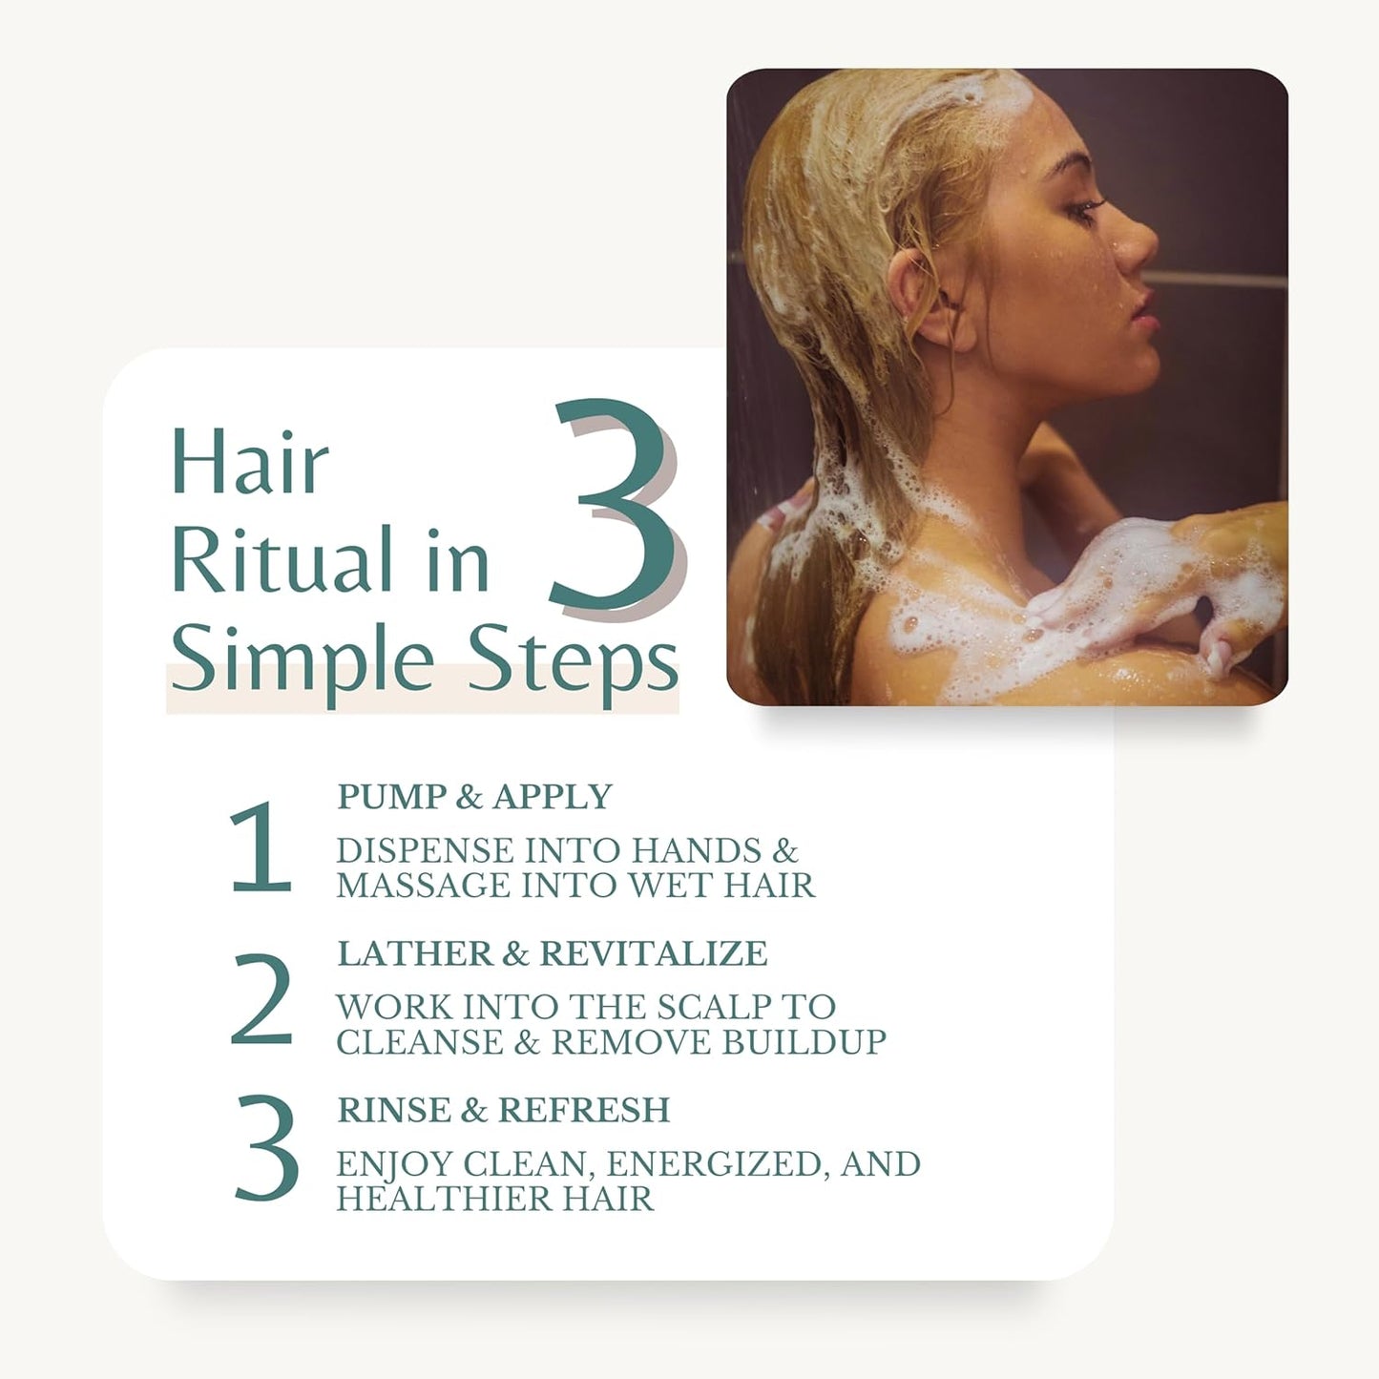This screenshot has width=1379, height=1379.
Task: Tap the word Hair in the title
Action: tap(250, 461)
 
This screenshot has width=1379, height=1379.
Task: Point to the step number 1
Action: tap(261, 847)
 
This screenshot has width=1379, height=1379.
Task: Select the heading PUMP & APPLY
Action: tap(474, 797)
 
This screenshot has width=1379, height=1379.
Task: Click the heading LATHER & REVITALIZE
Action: tap(553, 953)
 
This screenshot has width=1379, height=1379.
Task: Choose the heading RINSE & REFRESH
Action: tap(504, 1110)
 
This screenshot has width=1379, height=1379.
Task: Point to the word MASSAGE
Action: tap(423, 886)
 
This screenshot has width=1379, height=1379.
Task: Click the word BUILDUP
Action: tap(804, 1042)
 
